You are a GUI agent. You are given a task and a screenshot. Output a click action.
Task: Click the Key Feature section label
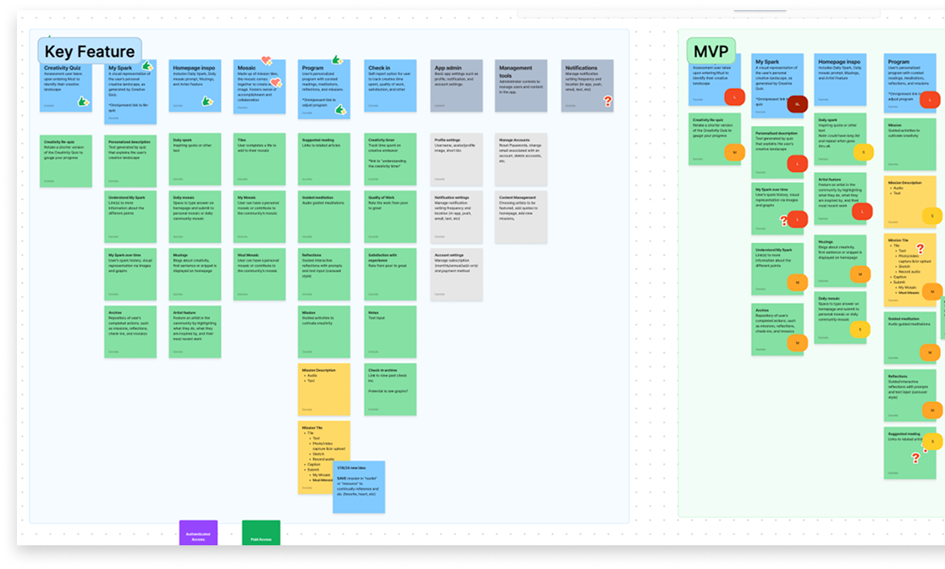click(x=89, y=52)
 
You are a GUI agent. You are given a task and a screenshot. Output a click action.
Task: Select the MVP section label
click(x=710, y=52)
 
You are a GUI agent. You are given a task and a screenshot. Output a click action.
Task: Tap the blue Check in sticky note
click(x=391, y=86)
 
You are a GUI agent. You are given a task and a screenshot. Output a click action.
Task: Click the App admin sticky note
click(x=456, y=86)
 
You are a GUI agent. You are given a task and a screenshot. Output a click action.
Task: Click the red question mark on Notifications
click(x=607, y=101)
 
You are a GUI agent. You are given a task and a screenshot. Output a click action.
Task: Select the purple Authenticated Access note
click(x=198, y=533)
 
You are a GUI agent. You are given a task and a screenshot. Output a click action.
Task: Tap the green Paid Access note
click(x=261, y=533)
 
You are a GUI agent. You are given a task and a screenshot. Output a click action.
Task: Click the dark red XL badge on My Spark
click(x=798, y=105)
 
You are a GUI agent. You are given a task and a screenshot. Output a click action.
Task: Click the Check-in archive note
click(x=391, y=389)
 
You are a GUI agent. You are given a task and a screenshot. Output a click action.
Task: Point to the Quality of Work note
click(x=391, y=216)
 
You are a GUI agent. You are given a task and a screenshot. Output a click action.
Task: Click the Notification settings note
click(x=456, y=216)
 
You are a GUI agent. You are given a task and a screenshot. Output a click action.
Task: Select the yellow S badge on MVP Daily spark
click(x=863, y=152)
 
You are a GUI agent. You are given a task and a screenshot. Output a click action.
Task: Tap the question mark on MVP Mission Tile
click(x=920, y=249)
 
